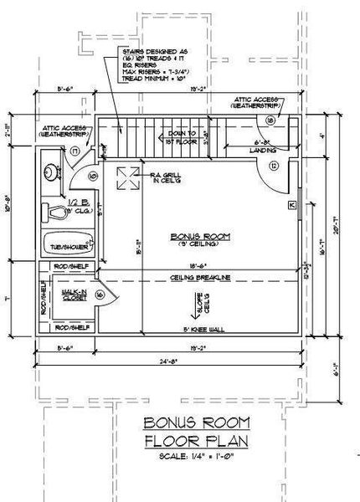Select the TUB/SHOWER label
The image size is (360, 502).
[68, 247]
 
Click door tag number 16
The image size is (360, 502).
[100, 295]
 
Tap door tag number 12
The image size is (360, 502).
[274, 166]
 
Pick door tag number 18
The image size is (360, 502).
[270, 120]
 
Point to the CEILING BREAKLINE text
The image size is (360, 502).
[201, 277]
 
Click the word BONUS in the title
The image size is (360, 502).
[172, 423]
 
